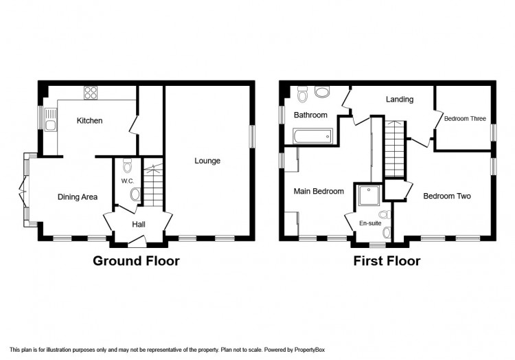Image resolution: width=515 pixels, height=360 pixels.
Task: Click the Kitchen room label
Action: pos(89,120)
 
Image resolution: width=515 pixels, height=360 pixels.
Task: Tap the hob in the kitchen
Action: pos(91,92)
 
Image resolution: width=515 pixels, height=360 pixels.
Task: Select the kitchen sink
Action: pos(50,120)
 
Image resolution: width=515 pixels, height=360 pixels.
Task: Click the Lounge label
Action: pos(207,161)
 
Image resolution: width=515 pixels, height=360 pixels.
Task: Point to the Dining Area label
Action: pos(78,196)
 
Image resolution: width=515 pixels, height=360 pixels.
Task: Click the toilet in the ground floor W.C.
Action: pos(127,166)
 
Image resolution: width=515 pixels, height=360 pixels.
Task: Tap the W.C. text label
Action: pos(128,181)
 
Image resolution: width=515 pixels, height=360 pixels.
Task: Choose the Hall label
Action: pos(139,225)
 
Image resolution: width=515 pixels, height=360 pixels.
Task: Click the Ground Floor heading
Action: pos(136,261)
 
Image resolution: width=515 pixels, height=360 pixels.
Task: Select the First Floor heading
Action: pos(387,261)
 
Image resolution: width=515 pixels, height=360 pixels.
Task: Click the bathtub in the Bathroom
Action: pos(312,136)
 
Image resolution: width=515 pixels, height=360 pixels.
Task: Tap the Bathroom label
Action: pos(310,115)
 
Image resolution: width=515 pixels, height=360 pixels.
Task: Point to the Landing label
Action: pos(400,99)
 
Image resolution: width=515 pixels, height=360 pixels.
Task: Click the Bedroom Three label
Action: pos(465,119)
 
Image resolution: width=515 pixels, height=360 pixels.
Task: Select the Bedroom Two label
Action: pos(447,196)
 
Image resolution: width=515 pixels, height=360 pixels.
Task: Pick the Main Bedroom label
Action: pos(319,191)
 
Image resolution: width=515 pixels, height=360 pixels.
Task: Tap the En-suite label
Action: pos(370,223)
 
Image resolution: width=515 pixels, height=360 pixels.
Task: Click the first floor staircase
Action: pos(394,149)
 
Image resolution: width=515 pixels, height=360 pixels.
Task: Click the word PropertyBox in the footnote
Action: pos(310,350)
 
